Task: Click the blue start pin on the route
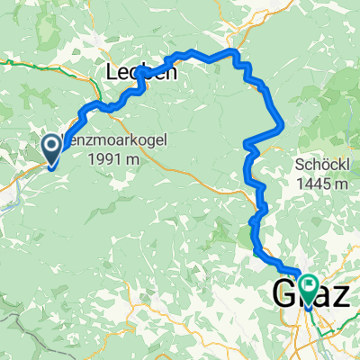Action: coord(51,148)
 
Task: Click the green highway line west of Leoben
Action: coord(36,64)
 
